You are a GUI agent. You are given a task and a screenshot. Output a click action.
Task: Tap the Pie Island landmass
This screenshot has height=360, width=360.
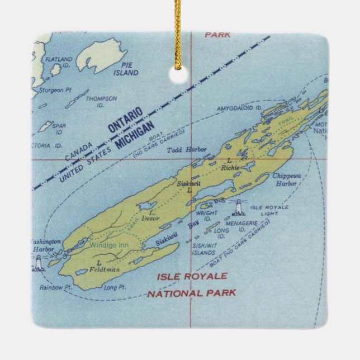[x=100, y=54]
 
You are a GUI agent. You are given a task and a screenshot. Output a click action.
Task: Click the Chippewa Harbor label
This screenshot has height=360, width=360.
[x=286, y=179]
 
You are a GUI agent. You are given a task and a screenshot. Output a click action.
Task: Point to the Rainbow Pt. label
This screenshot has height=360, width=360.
[x=53, y=287]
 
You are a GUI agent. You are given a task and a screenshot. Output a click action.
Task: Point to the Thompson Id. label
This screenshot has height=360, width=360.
[x=105, y=101]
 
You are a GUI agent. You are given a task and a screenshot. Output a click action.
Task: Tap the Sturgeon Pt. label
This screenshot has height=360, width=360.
[x=51, y=89]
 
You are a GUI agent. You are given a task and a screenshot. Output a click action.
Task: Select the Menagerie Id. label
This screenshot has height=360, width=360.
[x=241, y=223]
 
